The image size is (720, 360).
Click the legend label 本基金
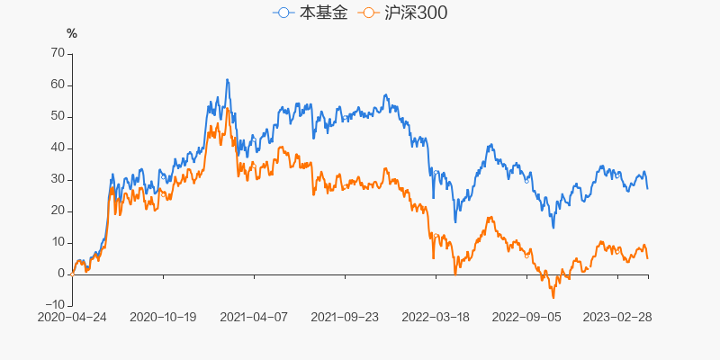[322, 13]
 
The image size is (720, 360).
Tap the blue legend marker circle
[285, 13]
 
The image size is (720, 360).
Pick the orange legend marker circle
[369, 13]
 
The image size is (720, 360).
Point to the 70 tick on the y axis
[57, 53]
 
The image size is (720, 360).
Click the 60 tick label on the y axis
[57, 85]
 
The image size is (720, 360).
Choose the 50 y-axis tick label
[57, 116]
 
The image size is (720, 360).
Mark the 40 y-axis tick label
[57, 148]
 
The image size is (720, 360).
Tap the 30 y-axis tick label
[57, 179]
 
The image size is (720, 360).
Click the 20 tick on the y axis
[57, 211]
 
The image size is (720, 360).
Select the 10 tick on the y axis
[57, 242]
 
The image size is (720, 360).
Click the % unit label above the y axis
[72, 33]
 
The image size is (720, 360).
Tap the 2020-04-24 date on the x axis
[72, 317]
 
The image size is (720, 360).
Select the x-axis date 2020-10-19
[163, 317]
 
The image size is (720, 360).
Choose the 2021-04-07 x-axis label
[254, 317]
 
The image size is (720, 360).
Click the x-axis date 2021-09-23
[345, 317]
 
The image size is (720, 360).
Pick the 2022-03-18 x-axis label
[436, 317]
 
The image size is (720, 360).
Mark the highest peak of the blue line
[227, 79]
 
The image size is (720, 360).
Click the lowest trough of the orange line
[553, 297]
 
